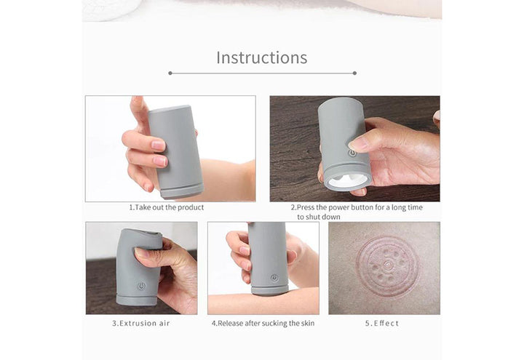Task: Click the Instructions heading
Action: click(x=262, y=57)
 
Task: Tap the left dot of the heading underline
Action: click(x=170, y=73)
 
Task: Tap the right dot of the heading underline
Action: click(x=354, y=73)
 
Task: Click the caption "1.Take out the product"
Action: click(x=167, y=207)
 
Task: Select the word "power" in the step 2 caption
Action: click(x=338, y=207)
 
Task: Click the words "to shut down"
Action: click(x=319, y=217)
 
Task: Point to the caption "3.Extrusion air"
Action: click(x=141, y=323)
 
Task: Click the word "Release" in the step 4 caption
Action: click(x=230, y=323)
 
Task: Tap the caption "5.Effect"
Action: click(x=382, y=323)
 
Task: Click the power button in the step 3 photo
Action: click(x=141, y=287)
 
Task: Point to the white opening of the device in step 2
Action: click(x=347, y=180)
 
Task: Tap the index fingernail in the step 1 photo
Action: click(x=158, y=145)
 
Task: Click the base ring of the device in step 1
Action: click(x=183, y=190)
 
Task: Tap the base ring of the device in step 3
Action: click(x=137, y=299)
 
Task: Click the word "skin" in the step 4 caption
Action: click(x=308, y=323)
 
